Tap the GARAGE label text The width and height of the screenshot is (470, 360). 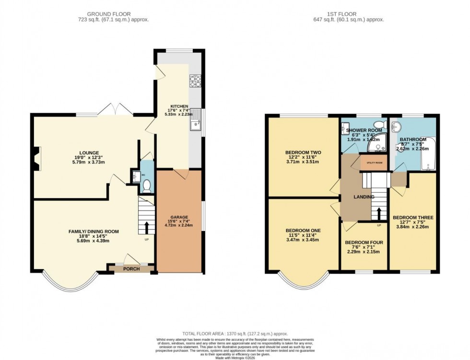tap(179, 217)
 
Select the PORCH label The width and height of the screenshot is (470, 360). tap(131, 269)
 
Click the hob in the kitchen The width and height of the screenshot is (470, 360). tap(195, 81)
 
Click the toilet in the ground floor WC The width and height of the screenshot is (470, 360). tap(147, 186)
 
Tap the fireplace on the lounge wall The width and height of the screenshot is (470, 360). tap(37, 159)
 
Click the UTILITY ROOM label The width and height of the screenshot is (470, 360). tap(374, 163)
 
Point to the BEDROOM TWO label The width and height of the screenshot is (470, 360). tap(303, 152)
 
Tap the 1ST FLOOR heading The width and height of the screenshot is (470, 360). tap(347, 13)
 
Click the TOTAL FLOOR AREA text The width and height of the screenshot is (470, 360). tap(234, 333)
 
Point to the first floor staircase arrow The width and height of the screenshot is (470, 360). tap(379, 212)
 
